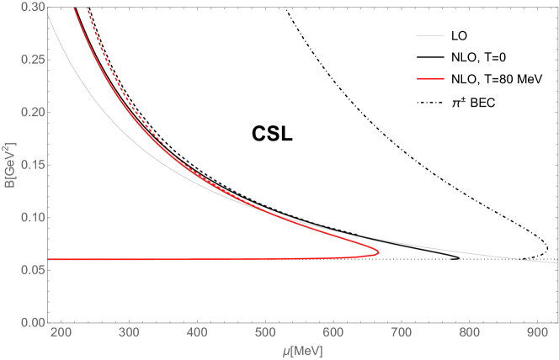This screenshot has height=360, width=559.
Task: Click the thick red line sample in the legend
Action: (430, 79)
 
